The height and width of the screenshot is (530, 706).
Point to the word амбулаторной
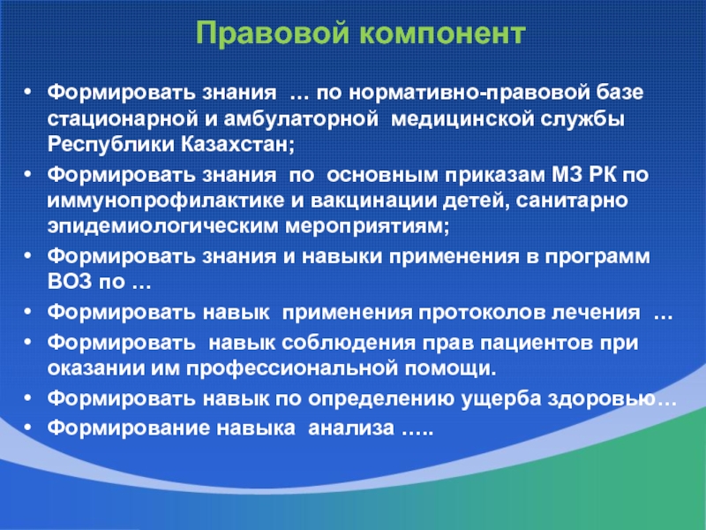coord(300,118)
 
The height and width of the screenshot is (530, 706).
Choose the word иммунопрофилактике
coord(166,201)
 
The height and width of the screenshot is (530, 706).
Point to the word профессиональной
coord(292,368)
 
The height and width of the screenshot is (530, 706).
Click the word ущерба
coord(500,399)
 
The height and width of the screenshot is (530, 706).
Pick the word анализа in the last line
coord(351,428)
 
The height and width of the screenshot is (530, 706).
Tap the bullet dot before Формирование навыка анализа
coord(28,428)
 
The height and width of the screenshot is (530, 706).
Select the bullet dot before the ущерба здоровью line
coord(28,399)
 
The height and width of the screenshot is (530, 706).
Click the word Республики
coord(111,145)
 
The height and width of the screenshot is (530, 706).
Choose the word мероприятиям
coord(367,227)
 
